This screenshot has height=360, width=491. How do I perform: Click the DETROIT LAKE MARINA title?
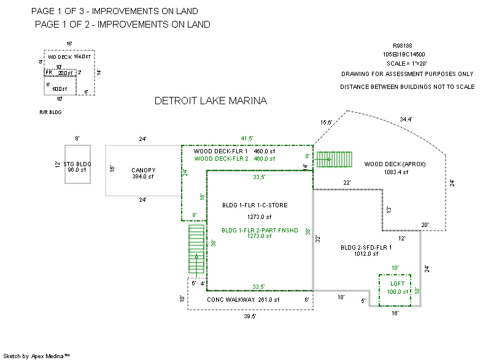tap(211, 101)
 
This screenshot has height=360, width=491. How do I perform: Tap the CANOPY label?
tap(144, 170)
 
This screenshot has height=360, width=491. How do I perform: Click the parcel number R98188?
tap(403, 45)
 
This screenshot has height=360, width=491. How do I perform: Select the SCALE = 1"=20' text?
tap(406, 64)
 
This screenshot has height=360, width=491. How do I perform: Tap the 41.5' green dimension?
tap(247, 139)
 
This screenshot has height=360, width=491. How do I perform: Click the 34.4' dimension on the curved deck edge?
tap(406, 119)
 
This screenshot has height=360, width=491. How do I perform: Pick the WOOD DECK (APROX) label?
tap(395, 164)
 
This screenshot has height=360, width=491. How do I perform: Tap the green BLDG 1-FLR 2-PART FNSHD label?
tap(260, 231)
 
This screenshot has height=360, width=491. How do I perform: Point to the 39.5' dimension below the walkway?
tap(250, 316)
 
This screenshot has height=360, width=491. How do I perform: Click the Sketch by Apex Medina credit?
tap(36, 356)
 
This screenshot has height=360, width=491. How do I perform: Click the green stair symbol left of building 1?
tap(196, 250)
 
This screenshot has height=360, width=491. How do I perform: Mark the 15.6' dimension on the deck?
tap(327, 123)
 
